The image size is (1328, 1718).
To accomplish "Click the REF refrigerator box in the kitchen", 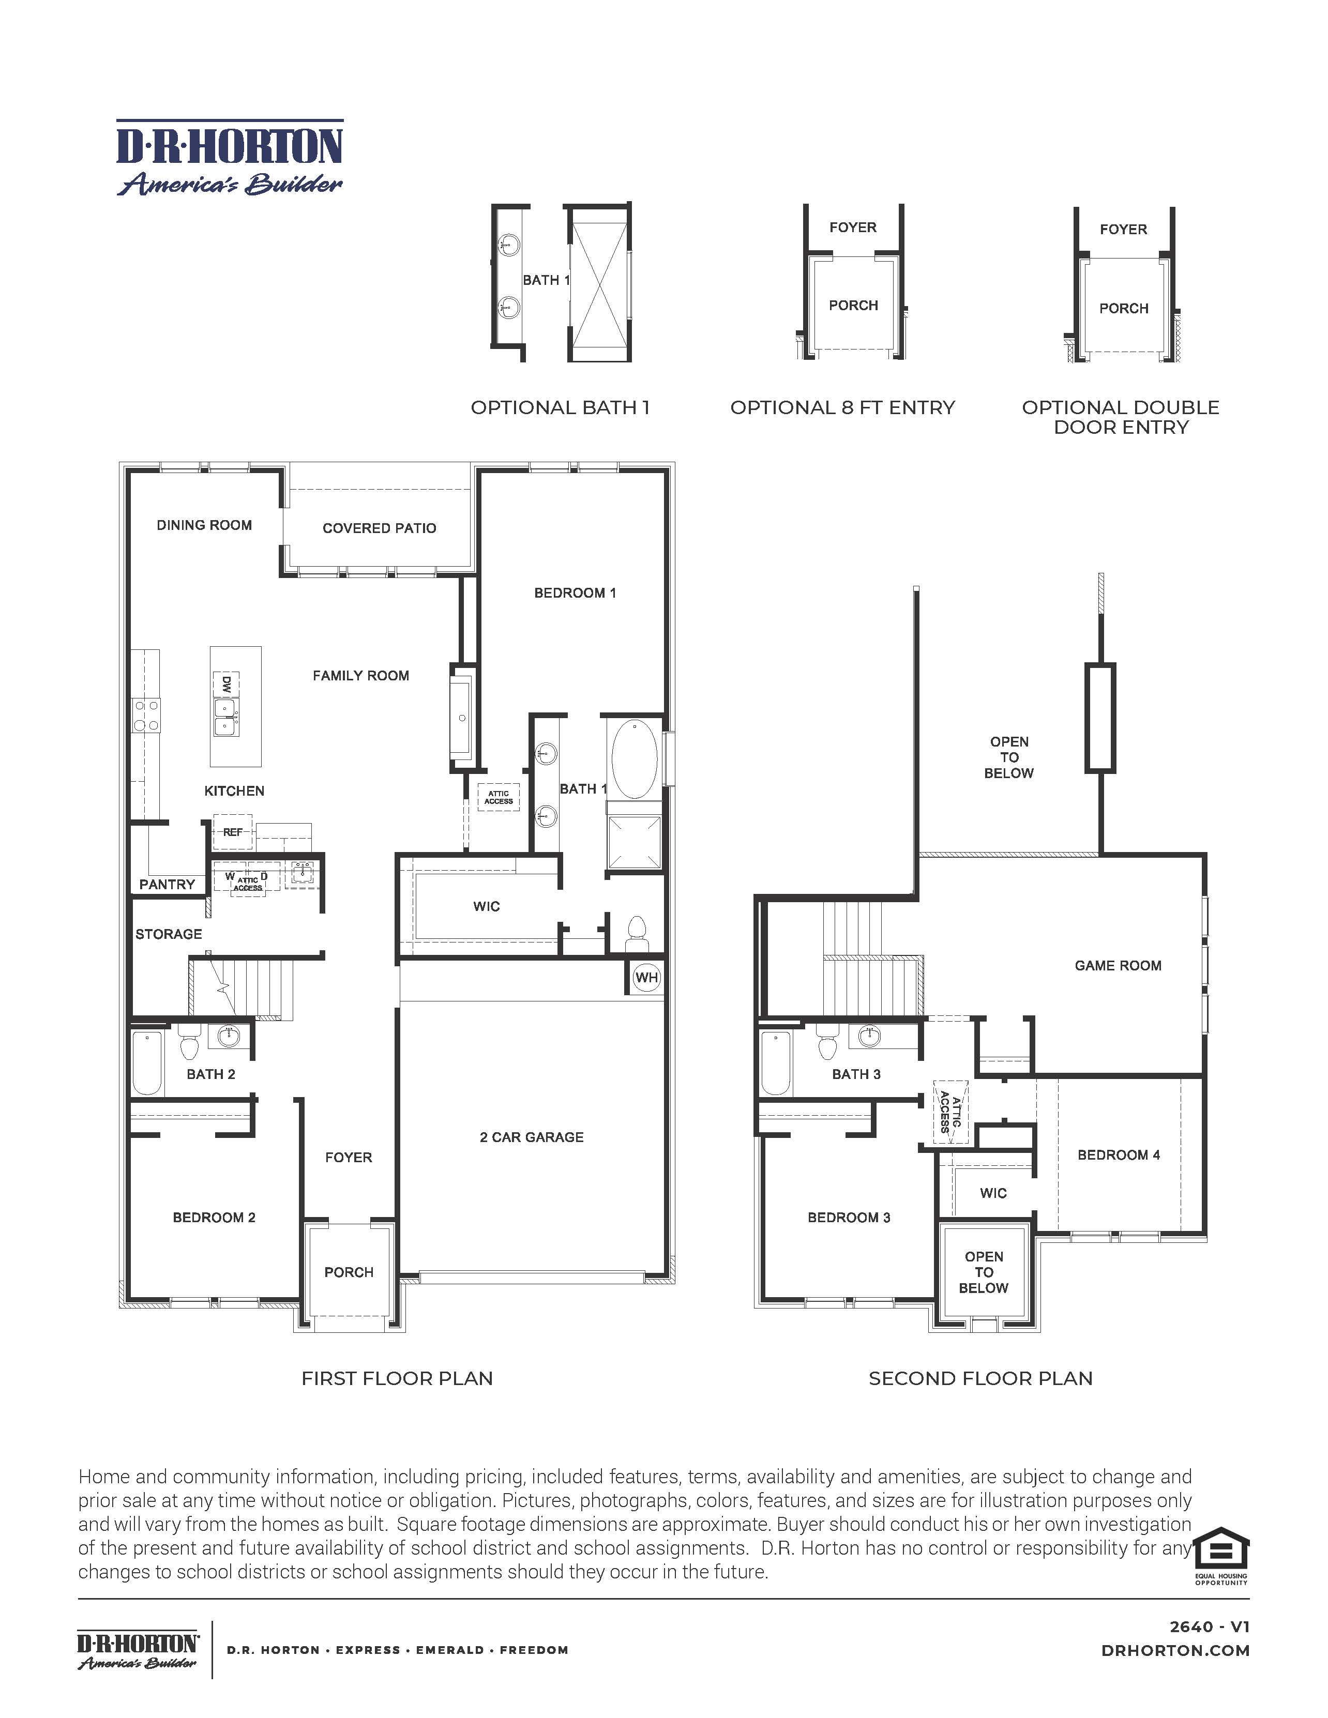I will click(x=233, y=831).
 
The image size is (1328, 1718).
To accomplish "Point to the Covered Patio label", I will click(x=379, y=528).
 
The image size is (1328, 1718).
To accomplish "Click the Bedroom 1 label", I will click(x=575, y=592).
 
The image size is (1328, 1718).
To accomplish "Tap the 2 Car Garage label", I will click(x=532, y=1137).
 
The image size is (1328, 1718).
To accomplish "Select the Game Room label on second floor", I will click(x=1118, y=965).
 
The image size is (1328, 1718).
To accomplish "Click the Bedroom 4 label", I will click(x=1119, y=1155).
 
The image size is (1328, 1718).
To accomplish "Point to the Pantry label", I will click(x=167, y=884).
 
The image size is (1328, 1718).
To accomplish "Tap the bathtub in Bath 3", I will click(x=776, y=1063).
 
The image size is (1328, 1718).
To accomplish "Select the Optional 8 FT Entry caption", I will click(x=842, y=407).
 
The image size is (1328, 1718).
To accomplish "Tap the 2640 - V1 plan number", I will click(x=1209, y=1627).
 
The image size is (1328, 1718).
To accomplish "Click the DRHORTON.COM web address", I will click(x=1175, y=1650).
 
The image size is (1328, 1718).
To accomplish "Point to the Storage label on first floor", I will click(x=169, y=934).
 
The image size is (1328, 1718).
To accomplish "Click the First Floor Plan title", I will click(x=397, y=1378).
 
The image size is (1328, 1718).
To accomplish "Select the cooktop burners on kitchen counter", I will click(x=145, y=715).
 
